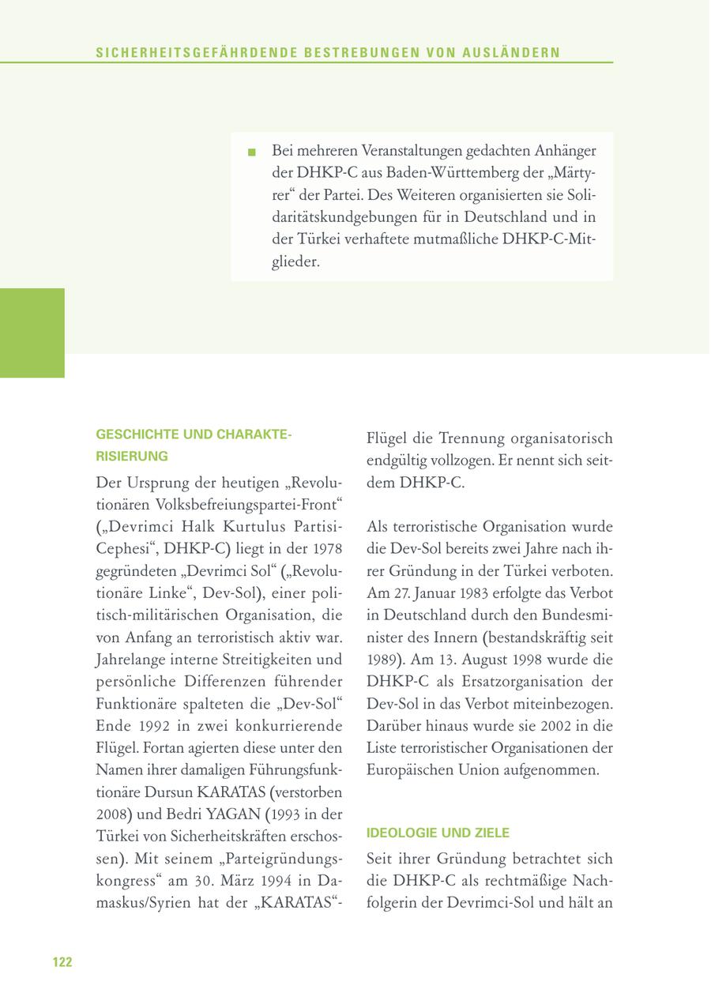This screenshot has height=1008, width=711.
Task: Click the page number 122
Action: (x=62, y=961)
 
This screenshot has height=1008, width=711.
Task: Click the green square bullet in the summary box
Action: (x=252, y=152)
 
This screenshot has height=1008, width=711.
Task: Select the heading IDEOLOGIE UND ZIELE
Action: (x=438, y=833)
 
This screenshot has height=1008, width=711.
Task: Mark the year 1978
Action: (x=327, y=548)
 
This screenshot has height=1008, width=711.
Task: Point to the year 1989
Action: (x=383, y=659)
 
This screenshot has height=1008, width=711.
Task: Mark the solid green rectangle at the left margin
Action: (x=32, y=333)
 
